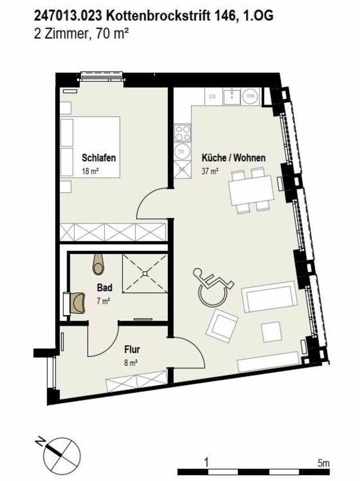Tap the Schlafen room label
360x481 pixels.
[x=99, y=158]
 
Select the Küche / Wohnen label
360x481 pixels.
[x=234, y=158]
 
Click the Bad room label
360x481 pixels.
[x=104, y=288]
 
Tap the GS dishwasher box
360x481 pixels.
[x=213, y=96]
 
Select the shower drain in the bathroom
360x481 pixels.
[x=144, y=273]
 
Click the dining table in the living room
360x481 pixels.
[x=251, y=189]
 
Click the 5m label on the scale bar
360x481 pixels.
[x=323, y=462]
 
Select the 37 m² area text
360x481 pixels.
[x=210, y=171]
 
